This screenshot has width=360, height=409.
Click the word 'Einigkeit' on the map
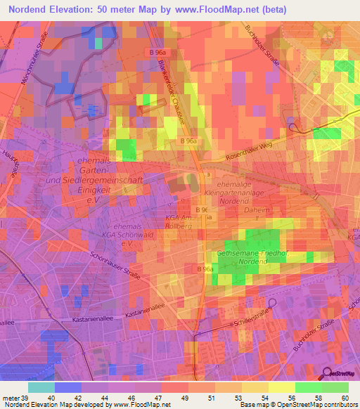(x=94, y=190)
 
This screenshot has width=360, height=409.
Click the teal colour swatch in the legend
(x=41, y=387)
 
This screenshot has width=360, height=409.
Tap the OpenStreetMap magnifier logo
(x=327, y=373)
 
